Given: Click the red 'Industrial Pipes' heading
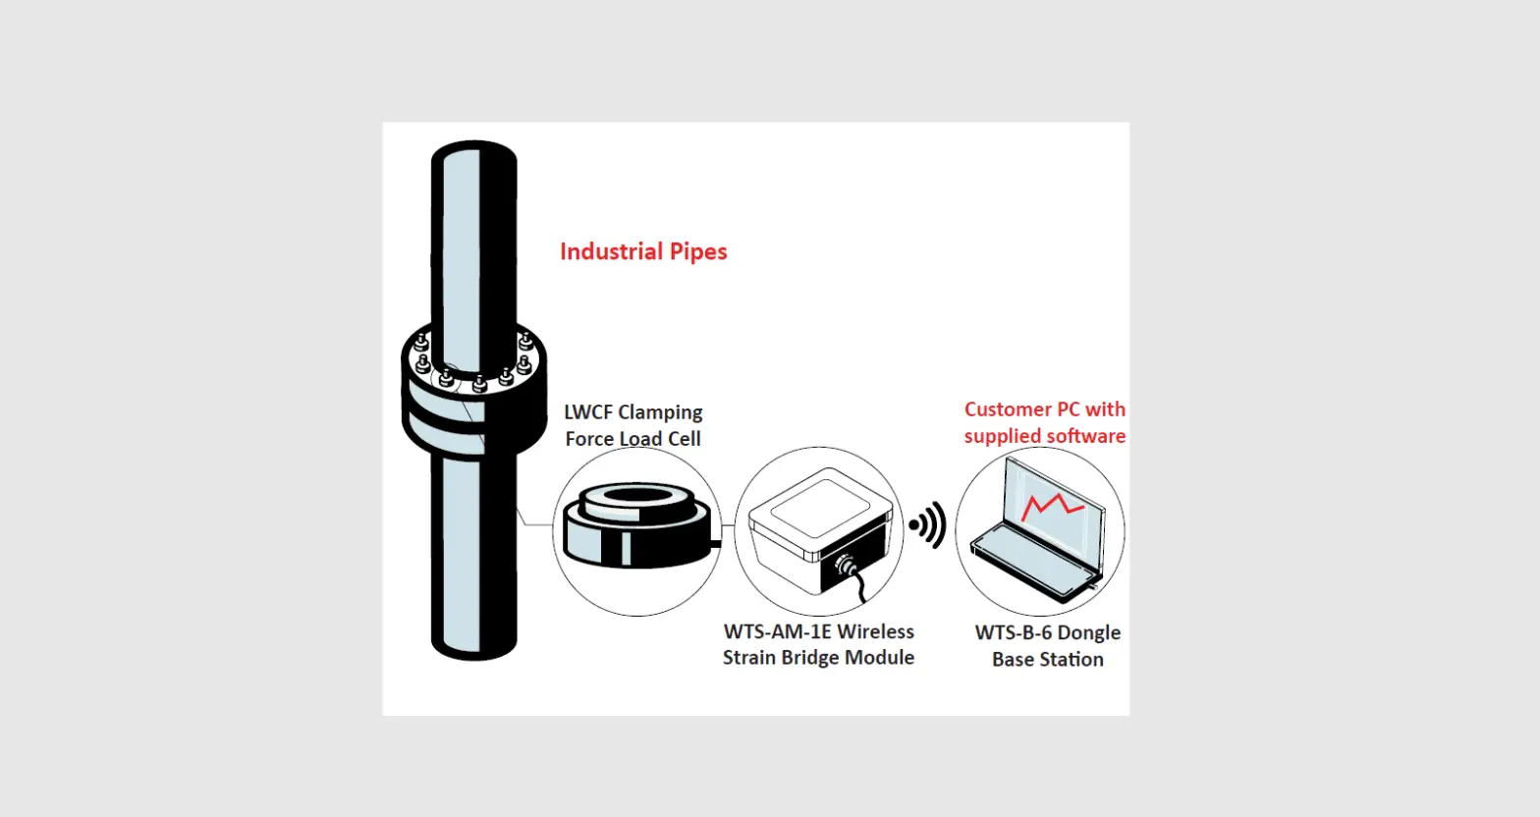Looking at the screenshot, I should click(643, 251).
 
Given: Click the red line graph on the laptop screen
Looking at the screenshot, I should click(1052, 507).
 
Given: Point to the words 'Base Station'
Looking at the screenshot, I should click(1047, 660).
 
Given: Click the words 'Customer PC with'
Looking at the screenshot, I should click(1044, 409).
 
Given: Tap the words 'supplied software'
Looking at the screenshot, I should click(1044, 436).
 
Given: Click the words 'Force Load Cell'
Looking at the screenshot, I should click(632, 439).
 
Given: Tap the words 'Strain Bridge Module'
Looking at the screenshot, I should click(818, 658).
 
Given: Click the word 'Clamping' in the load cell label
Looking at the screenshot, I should click(661, 412).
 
